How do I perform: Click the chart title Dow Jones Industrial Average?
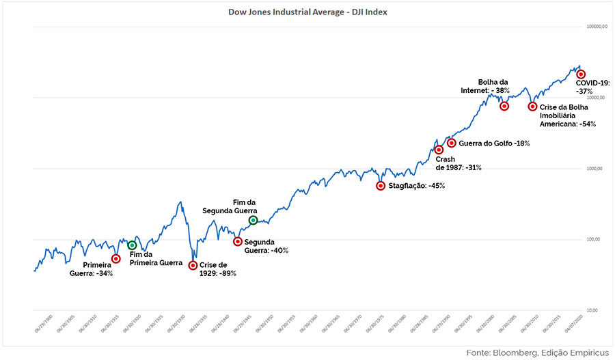(x=307, y=12)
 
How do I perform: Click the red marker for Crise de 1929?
(x=193, y=265)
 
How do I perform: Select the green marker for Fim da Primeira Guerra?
(x=132, y=245)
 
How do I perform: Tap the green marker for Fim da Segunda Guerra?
(x=253, y=220)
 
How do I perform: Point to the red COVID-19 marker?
(x=581, y=74)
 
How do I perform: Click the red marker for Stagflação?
(x=381, y=186)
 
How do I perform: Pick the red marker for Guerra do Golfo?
(x=452, y=143)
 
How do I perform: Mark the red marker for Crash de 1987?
(x=439, y=150)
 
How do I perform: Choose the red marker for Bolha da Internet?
(x=504, y=106)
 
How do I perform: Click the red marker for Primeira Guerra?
(x=116, y=258)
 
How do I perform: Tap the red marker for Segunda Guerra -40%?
(x=237, y=241)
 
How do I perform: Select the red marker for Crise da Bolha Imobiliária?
(x=532, y=106)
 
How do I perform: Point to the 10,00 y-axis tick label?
(x=591, y=310)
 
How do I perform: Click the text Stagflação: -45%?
(x=416, y=186)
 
